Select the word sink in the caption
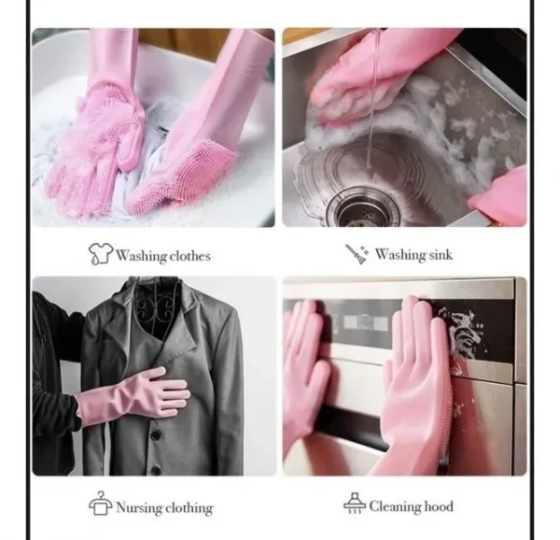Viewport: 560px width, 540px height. click(x=441, y=254)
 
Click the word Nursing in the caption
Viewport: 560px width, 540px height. click(x=140, y=507)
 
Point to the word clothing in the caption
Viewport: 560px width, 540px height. click(x=189, y=508)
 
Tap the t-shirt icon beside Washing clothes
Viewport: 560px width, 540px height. click(x=101, y=253)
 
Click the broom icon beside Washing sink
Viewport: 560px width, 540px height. click(x=357, y=254)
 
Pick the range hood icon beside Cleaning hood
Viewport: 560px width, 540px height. click(x=355, y=504)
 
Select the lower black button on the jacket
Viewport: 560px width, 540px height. click(x=156, y=470)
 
